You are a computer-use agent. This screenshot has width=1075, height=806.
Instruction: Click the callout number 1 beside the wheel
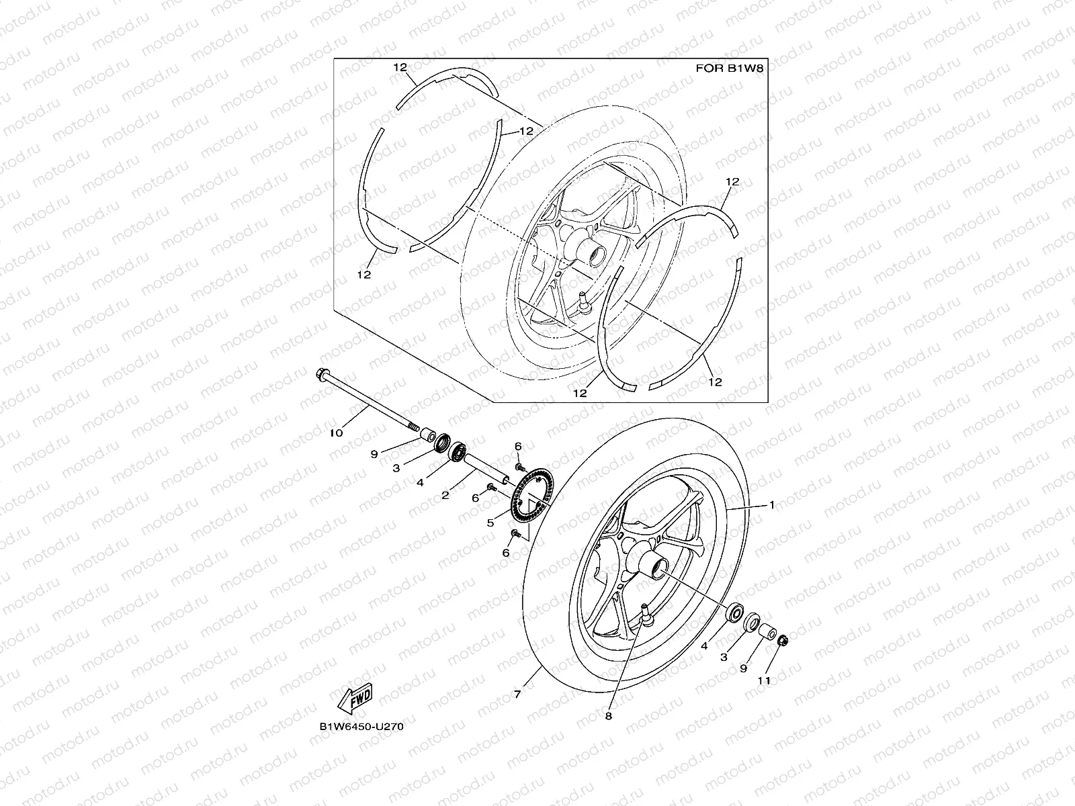click(x=772, y=504)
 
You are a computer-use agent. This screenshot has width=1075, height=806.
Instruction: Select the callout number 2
click(x=444, y=496)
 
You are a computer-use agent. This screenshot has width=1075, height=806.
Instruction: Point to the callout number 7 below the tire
click(x=517, y=695)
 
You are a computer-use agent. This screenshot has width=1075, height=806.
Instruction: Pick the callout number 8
click(x=609, y=716)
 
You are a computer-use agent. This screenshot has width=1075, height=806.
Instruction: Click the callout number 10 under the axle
click(x=336, y=433)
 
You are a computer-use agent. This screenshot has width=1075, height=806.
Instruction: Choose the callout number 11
click(x=764, y=680)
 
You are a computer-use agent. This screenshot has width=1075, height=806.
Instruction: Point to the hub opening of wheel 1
click(x=657, y=569)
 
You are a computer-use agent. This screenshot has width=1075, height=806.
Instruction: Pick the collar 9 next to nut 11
click(x=767, y=633)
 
